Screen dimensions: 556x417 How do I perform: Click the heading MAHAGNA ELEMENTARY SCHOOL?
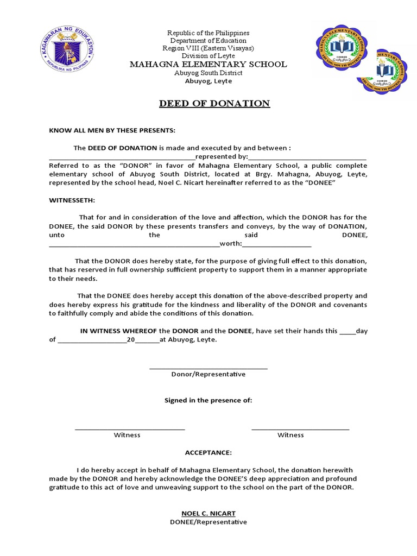pos(208,64)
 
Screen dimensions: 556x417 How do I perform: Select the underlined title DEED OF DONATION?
pos(214,103)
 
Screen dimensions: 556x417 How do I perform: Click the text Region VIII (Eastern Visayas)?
pos(208,48)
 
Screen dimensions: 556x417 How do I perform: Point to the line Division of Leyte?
pos(208,56)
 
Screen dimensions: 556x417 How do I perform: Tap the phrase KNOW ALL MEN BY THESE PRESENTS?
pos(112,131)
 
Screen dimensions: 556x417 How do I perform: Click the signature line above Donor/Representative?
pos(208,369)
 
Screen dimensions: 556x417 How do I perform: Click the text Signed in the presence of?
pos(208,400)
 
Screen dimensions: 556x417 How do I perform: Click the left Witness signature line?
pos(130,429)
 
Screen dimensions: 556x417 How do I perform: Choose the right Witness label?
pos(290,435)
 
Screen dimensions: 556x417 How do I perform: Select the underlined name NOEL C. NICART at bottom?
pos(208,513)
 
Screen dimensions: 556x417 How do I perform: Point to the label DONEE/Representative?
pos(208,522)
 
